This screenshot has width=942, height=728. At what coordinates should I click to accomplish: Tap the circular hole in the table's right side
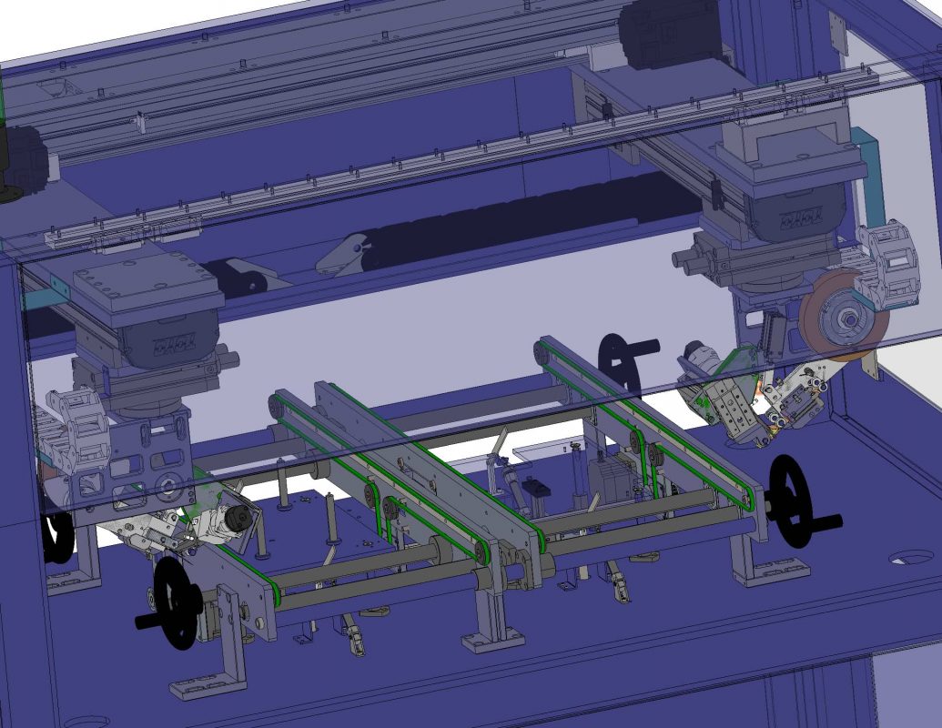[912, 557]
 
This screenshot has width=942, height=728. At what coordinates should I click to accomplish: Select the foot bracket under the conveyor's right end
[769, 569]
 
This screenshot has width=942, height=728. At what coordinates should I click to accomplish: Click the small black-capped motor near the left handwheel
[238, 520]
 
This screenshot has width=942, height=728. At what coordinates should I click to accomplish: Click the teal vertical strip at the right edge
[868, 173]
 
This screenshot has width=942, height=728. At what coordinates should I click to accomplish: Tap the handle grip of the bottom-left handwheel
[146, 622]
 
